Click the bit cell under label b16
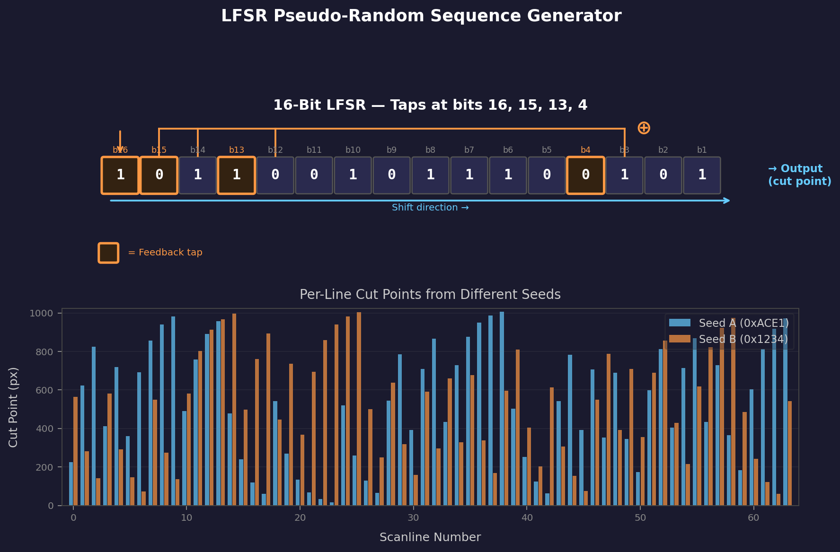coord(120,175)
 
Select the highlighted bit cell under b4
coord(585,175)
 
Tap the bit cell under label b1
coord(702,175)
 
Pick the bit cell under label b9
coord(391,175)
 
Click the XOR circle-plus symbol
coord(644,128)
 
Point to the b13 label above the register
coord(237,150)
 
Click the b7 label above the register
coord(469,150)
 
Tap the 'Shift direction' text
coord(430,208)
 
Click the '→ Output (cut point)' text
coord(799,175)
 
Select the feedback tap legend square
coord(108,253)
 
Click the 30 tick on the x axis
coord(413,518)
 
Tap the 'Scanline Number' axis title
coord(430,537)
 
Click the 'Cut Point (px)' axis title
coord(13,407)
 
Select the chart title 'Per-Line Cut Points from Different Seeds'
coord(430,295)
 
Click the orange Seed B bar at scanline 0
coord(76,451)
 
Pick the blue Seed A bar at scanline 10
coord(185,458)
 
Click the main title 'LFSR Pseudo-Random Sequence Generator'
coord(421,16)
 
